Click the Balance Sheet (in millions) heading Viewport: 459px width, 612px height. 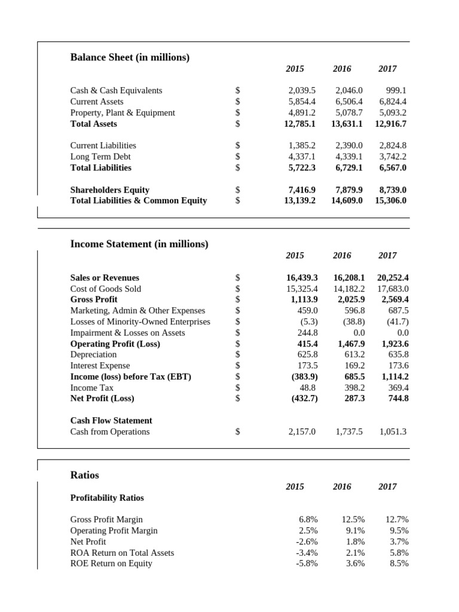[130, 57]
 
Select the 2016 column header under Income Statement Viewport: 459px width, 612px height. [342, 255]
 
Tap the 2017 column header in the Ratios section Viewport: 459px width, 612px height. [387, 486]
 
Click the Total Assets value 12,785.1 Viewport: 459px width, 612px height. [300, 124]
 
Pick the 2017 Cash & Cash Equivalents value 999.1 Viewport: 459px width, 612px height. [394, 90]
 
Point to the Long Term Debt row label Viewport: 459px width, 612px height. [100, 157]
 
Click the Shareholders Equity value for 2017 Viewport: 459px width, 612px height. [393, 189]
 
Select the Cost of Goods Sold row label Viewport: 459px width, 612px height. [106, 289]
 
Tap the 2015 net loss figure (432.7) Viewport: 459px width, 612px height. [304, 398]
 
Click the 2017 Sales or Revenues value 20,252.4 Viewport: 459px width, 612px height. [393, 277]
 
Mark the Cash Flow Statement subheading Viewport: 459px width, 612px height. [111, 420]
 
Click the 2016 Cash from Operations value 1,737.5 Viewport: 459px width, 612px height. [349, 432]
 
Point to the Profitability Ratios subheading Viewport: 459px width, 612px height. [107, 498]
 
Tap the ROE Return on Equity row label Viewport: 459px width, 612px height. [111, 563]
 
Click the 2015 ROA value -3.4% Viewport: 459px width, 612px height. [307, 552]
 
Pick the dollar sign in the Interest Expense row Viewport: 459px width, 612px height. [238, 365]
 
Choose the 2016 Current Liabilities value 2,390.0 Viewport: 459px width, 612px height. [349, 145]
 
